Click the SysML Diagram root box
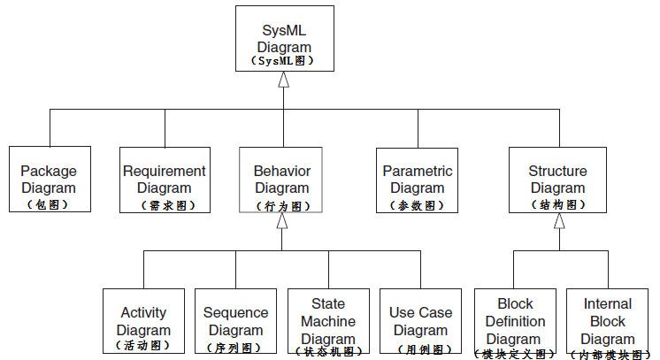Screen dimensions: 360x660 coord(283,39)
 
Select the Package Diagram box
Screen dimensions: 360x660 coord(49,180)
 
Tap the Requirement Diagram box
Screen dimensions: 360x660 coord(165,180)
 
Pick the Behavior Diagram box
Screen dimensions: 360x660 coord(282,180)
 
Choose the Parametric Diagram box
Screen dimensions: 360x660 coord(417,180)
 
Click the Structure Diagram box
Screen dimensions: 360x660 coord(557,180)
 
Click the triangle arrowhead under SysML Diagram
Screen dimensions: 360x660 coord(283,80)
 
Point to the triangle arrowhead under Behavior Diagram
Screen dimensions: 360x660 coord(282,221)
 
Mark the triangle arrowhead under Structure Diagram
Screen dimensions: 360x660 coord(558,221)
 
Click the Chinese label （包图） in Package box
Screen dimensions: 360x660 coord(49,204)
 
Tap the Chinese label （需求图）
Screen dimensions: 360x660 coord(165,205)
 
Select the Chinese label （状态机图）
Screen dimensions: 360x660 coord(328,351)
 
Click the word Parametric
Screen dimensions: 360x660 coord(417,171)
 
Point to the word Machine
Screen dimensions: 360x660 coord(328,321)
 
